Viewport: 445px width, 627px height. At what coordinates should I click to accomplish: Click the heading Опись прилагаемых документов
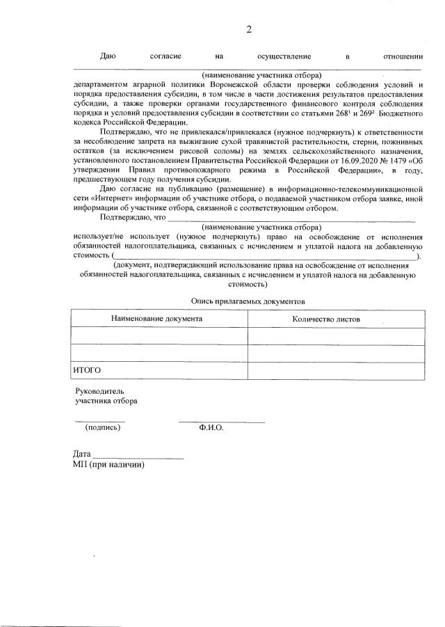[248, 301]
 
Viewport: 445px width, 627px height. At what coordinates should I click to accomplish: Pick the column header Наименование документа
[157, 319]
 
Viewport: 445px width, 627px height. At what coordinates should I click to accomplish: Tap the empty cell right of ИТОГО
[336, 371]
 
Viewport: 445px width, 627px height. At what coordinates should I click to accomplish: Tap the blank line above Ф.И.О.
[221, 420]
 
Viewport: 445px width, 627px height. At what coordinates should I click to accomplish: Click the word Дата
[81, 454]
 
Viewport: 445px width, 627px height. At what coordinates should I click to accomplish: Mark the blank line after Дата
[138, 457]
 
